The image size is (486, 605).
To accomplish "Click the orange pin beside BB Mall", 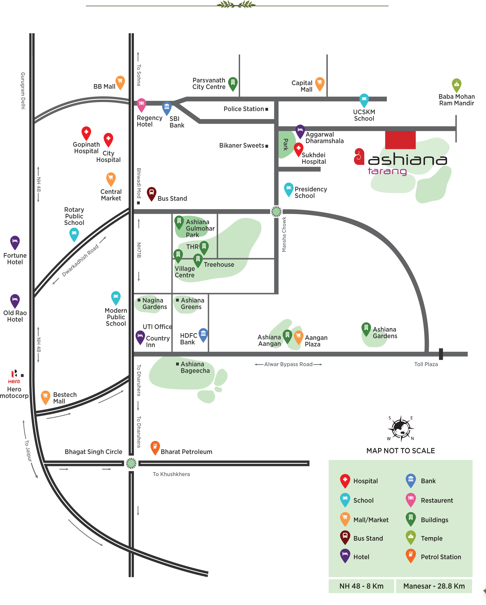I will (x=120, y=82).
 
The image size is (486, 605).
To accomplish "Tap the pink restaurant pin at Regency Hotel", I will (x=141, y=104).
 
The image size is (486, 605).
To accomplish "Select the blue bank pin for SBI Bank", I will (x=167, y=107).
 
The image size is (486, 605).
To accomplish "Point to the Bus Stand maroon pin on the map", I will (x=151, y=193).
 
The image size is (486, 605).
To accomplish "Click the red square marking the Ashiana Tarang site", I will (x=400, y=140).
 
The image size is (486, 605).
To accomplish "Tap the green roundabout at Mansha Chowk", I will (x=276, y=211).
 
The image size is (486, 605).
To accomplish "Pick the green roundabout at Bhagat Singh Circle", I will (x=131, y=463).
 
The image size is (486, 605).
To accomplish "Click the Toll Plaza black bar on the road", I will (x=441, y=354).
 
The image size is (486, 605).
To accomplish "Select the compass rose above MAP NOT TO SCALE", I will (x=401, y=428).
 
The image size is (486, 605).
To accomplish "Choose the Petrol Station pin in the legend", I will (x=411, y=555).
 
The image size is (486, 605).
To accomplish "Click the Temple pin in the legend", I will (x=411, y=537).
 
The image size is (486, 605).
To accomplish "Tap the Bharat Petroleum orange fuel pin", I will (x=155, y=447).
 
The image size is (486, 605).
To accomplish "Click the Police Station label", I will (x=244, y=109).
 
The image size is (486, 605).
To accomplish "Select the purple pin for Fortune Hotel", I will (x=15, y=242).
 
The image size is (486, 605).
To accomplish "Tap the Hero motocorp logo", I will (x=14, y=376).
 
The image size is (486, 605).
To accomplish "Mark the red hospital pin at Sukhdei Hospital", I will (x=298, y=149).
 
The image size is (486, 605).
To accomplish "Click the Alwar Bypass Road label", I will (x=288, y=364).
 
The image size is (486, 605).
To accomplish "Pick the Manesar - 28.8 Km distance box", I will (x=434, y=586).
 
